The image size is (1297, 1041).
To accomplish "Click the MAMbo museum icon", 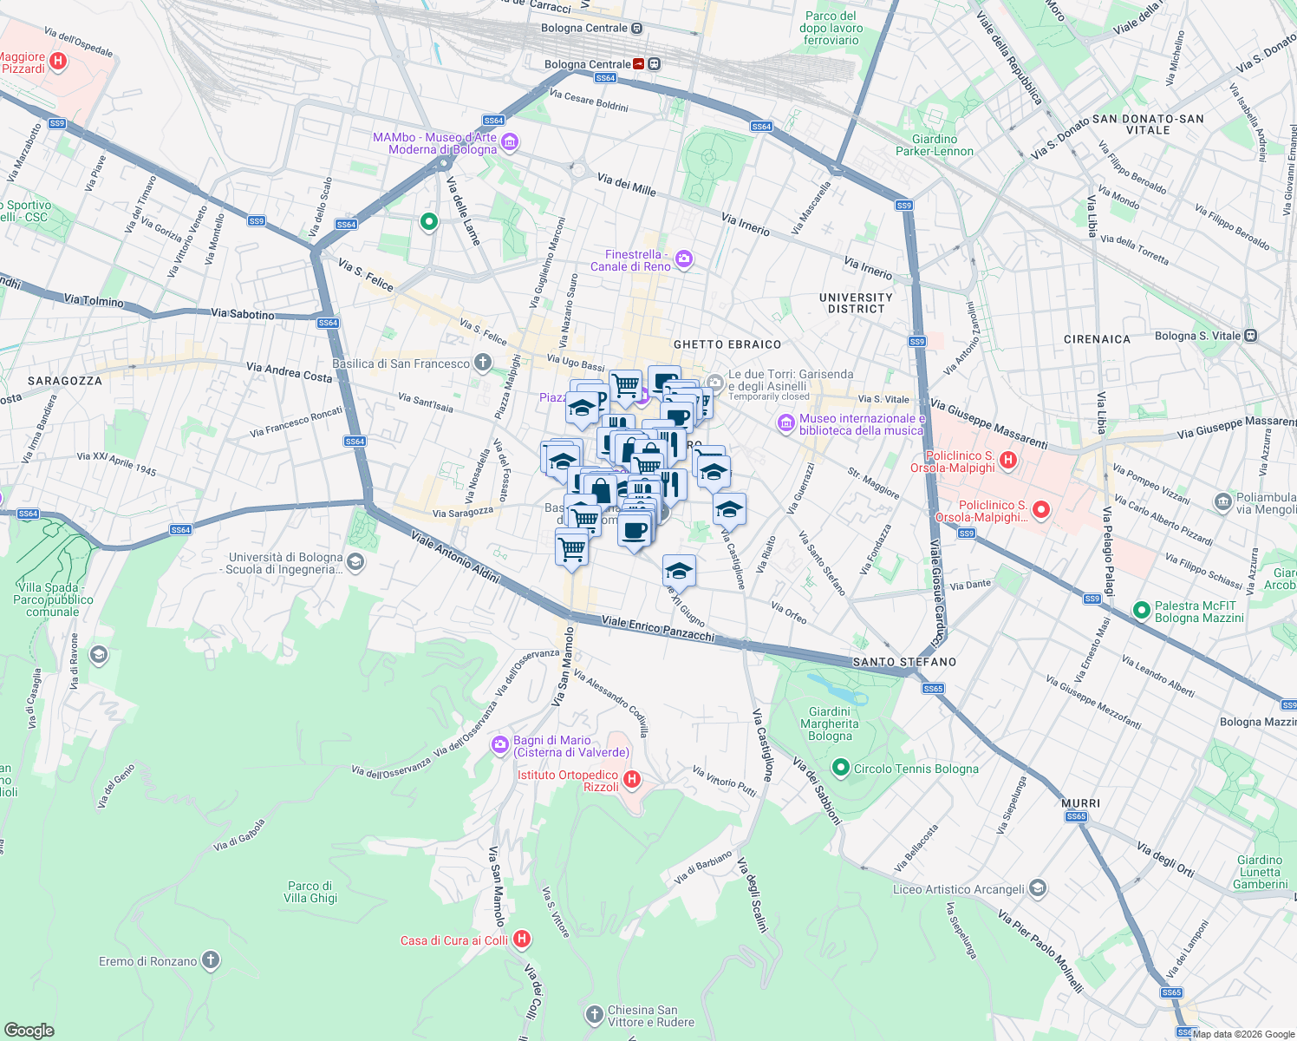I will (510, 142).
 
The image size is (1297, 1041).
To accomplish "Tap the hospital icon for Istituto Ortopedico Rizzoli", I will (632, 780).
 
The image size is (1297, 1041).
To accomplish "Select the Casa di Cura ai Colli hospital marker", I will (522, 939).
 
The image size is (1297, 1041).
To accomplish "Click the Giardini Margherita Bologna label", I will (830, 723).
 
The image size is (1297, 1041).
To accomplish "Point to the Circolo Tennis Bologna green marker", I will (839, 768).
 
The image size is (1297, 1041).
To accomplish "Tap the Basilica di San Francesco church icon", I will (483, 363).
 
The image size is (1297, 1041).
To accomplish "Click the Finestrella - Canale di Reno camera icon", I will (684, 259).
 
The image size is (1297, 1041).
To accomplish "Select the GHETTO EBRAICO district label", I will (727, 344).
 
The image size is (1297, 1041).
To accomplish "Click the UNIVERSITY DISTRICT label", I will (855, 303).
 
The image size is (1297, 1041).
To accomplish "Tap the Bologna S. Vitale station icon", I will (1250, 335).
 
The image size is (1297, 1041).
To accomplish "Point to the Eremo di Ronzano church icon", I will (211, 960).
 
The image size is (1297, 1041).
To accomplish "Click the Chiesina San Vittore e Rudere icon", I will (594, 1014).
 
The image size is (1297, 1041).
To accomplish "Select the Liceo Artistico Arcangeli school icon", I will (1038, 888).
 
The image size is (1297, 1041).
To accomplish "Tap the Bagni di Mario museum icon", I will (499, 744).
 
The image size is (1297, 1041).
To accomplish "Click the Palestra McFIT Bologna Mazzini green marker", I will (1141, 611).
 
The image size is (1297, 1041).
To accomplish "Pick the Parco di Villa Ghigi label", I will (310, 892).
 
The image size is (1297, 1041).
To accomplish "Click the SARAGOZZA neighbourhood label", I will (65, 381).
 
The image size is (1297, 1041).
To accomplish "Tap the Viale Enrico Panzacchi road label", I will (657, 629).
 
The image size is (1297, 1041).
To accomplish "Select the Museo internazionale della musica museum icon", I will (786, 423).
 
